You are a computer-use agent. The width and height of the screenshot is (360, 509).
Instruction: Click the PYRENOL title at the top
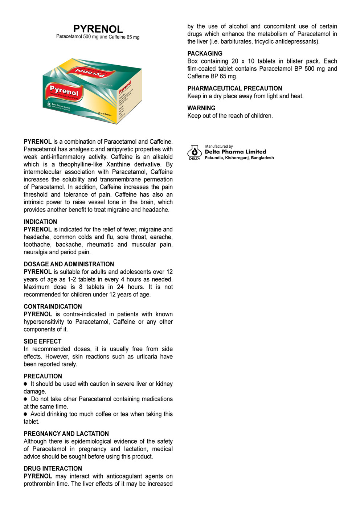point(98,29)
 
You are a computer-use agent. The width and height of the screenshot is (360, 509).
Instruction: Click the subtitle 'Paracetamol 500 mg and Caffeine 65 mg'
point(98,37)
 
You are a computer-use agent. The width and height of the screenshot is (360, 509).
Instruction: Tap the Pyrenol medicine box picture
point(92,91)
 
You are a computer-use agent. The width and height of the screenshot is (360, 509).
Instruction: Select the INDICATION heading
point(40,222)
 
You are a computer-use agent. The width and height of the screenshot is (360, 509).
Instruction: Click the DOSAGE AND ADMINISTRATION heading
point(69,264)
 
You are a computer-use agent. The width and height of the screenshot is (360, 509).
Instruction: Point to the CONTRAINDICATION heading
point(53,307)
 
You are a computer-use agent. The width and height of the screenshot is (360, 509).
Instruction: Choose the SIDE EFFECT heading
point(42,341)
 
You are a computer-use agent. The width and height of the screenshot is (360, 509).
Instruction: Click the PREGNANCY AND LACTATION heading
point(66,434)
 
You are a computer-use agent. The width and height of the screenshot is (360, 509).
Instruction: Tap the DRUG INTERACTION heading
point(53,468)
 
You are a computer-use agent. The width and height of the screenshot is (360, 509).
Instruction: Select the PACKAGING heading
point(205,53)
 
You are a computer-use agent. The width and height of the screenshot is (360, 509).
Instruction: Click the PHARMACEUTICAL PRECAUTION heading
point(234,88)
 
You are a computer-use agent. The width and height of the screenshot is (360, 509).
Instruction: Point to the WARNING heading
point(201,108)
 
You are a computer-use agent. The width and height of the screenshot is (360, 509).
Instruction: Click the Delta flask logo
point(195,151)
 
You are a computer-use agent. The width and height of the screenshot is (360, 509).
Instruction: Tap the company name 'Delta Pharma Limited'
point(235,152)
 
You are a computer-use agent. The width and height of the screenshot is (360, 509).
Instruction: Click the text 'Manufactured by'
point(219,146)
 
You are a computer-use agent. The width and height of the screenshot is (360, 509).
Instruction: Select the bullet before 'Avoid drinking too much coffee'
point(25,414)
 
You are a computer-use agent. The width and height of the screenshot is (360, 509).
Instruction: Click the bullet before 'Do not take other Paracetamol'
point(25,399)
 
